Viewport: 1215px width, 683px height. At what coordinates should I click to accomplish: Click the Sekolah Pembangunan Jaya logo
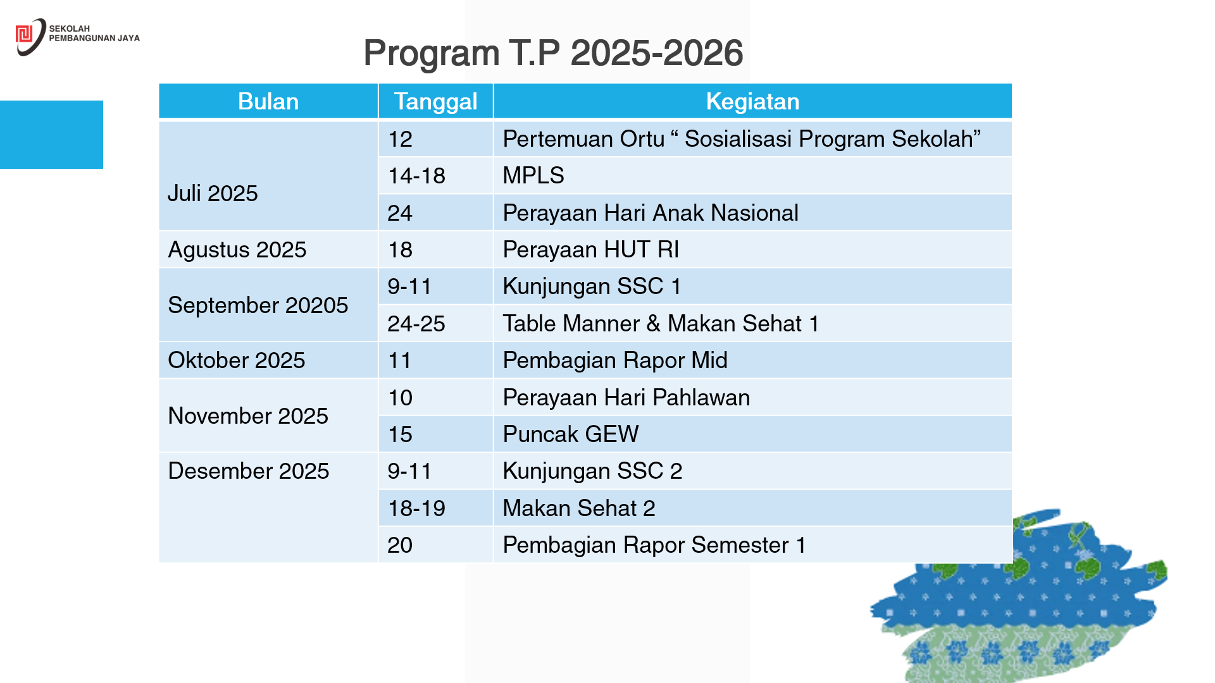[x=77, y=37]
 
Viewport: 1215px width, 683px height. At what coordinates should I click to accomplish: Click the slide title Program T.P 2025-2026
[x=553, y=52]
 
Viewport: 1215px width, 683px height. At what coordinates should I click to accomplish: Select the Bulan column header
[x=268, y=101]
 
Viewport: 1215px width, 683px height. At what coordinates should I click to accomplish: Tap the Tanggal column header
[x=436, y=101]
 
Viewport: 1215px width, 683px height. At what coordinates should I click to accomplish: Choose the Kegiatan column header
[x=752, y=101]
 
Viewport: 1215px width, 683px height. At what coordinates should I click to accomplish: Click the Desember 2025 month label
[x=248, y=471]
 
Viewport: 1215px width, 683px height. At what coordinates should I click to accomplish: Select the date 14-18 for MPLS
[x=416, y=176]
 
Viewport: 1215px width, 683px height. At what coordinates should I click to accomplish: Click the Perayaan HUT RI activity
[x=590, y=250]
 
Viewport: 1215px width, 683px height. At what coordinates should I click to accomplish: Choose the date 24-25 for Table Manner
[x=416, y=323]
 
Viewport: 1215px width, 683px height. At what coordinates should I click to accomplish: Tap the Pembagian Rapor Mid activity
[x=615, y=360]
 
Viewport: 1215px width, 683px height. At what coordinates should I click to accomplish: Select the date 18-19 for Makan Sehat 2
[x=416, y=508]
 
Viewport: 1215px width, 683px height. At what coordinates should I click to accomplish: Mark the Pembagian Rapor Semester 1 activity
[x=654, y=545]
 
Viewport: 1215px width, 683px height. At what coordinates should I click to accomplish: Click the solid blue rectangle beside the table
[x=51, y=135]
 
